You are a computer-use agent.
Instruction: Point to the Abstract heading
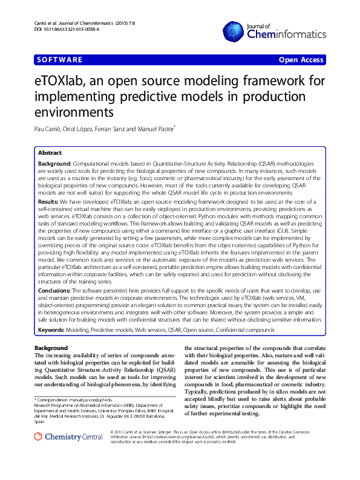[50, 153]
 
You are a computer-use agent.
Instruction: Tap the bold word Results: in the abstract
[48, 200]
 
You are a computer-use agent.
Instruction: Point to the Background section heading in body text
[51, 348]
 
